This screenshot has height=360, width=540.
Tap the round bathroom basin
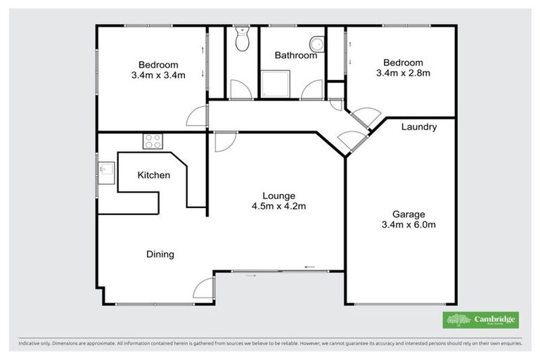pos(317,45)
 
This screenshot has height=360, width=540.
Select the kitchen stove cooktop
pos(153,141)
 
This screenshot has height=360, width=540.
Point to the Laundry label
pos(419,127)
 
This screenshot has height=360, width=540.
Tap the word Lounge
pos(278,195)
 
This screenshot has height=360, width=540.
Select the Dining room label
pos(160,254)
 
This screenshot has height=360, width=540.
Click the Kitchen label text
pos(153,175)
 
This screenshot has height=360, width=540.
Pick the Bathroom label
pos(295,55)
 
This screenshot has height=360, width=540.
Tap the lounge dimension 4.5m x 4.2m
pos(278,206)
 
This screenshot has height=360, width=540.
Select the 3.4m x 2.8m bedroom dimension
pos(400,73)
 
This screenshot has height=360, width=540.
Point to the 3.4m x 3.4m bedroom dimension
pos(158,76)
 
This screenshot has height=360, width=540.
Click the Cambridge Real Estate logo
pos(480,320)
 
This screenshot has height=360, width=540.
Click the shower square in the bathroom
pos(273,84)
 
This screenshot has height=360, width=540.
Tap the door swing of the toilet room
pos(239,90)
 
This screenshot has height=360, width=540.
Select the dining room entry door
pos(203,288)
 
